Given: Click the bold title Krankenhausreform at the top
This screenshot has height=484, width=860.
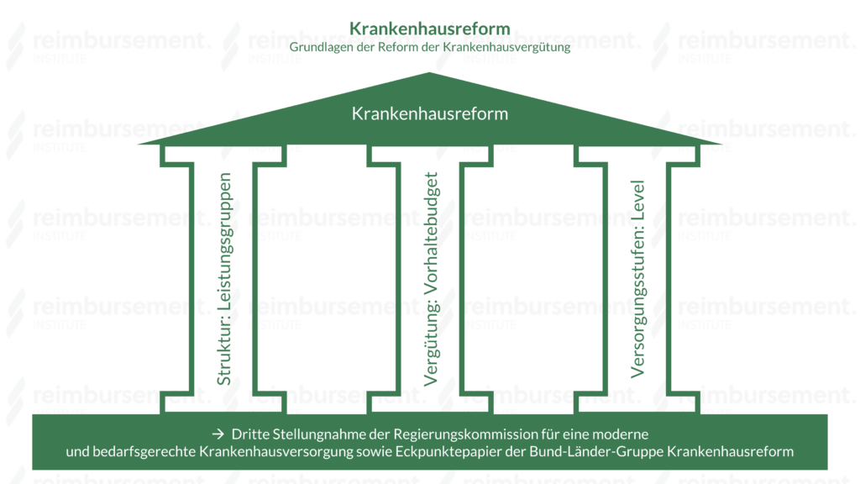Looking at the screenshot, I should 430,29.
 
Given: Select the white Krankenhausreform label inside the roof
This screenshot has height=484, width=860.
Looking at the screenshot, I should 430,113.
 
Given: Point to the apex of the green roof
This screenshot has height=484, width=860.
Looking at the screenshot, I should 430,75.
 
